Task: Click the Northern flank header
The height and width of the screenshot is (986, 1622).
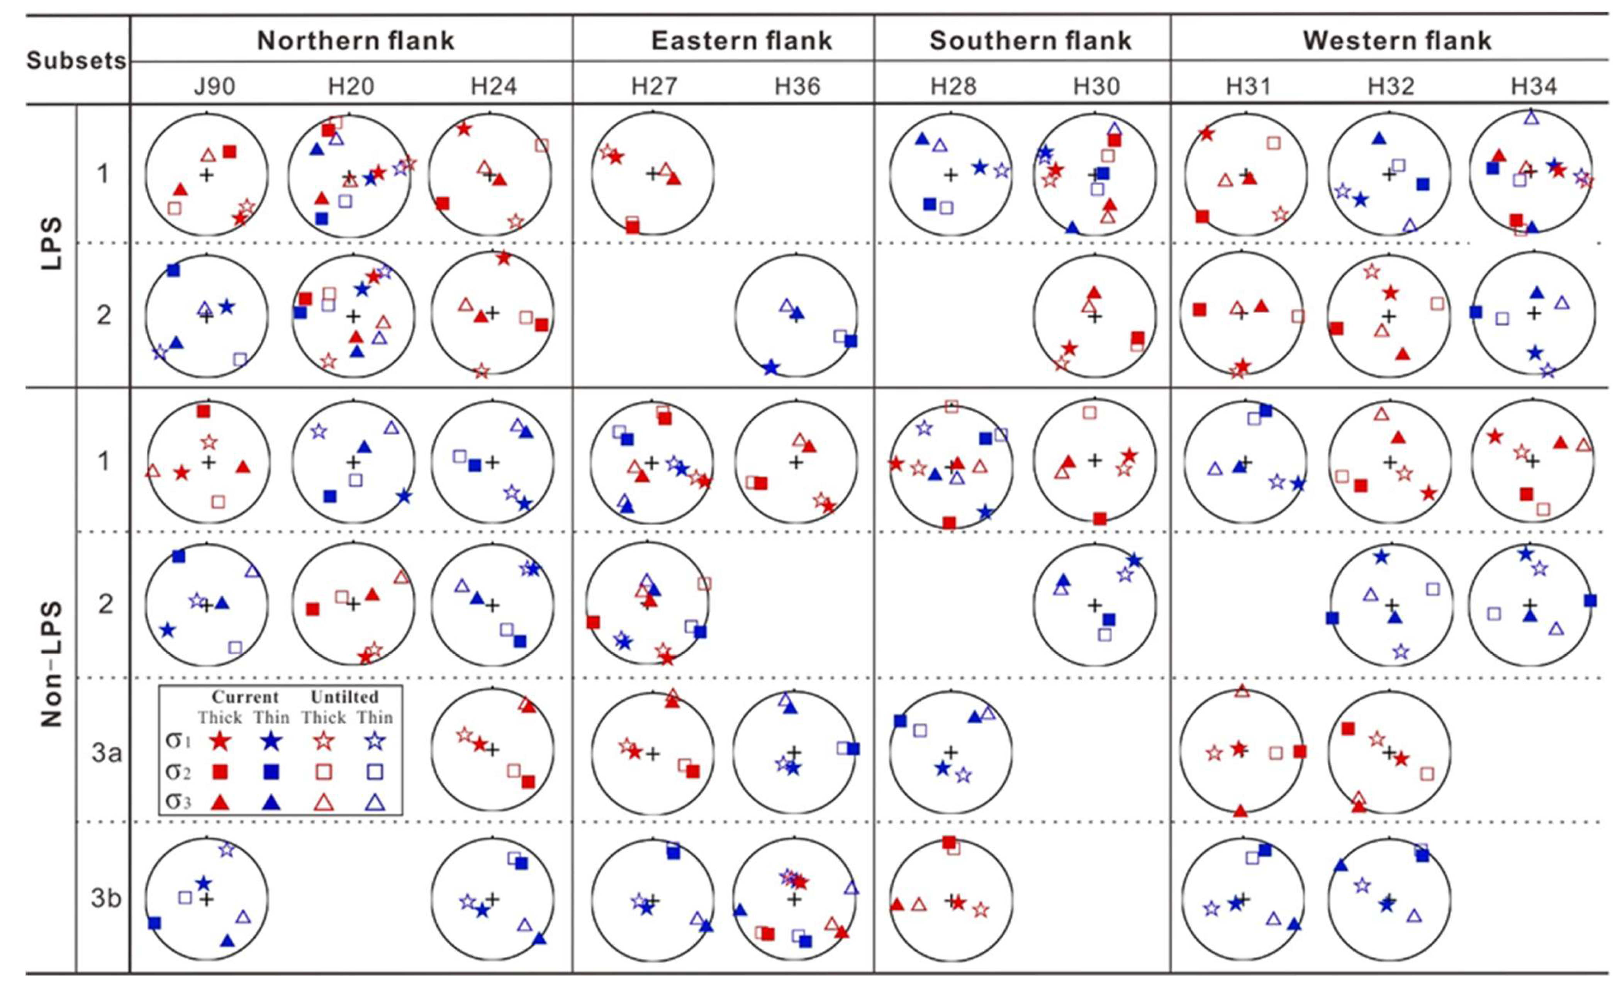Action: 355,41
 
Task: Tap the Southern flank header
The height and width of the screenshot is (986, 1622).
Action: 1030,41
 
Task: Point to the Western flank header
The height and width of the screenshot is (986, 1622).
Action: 1397,41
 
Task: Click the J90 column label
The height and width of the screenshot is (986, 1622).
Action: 215,86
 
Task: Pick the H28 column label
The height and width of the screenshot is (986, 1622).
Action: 953,86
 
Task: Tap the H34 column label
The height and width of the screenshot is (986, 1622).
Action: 1534,86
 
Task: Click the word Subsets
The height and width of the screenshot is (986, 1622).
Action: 76,61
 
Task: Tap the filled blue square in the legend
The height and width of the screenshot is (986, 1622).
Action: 268,771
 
